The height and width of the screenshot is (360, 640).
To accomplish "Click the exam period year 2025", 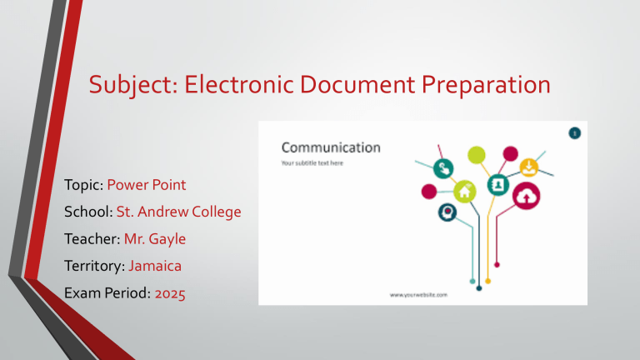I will point(169,293).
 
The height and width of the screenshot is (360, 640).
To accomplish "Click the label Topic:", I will point(81,183).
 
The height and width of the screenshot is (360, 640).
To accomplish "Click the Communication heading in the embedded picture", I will point(331,147).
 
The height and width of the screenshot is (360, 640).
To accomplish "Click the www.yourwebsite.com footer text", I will point(419,295).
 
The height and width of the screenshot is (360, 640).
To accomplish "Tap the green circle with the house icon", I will point(464,191).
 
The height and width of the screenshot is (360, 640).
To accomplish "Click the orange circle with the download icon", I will point(529,167).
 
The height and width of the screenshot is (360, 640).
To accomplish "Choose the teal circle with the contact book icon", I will point(499,183).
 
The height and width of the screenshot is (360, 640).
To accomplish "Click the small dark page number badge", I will point(575,132).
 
